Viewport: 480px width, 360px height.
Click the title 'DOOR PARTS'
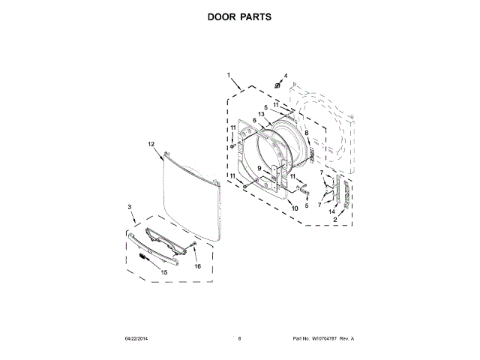(x=239, y=16)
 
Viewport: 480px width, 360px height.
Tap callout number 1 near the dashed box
(x=229, y=75)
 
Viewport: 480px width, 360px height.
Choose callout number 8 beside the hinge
(x=306, y=133)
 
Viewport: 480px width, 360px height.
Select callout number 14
(x=331, y=212)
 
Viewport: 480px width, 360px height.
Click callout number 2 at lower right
(x=335, y=220)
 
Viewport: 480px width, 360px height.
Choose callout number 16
(x=198, y=265)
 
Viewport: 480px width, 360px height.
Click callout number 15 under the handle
(x=164, y=271)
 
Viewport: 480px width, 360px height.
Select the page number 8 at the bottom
(x=239, y=339)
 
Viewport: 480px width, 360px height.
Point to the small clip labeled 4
(x=277, y=85)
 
